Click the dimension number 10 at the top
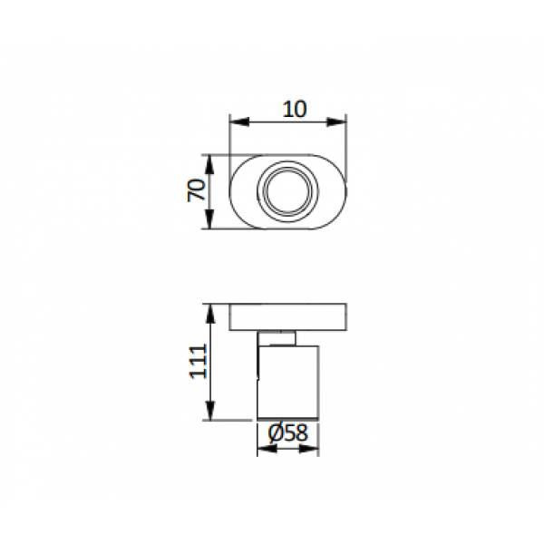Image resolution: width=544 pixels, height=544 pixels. tap(295, 110)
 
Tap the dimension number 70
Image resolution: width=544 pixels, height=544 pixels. tap(197, 190)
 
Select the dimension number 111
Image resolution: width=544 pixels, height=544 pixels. tap(198, 361)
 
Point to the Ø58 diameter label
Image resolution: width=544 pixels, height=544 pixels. tap(288, 433)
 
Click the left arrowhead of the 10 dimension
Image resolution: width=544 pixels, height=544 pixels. tap(239, 121)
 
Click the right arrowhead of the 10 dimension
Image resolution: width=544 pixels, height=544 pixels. tap(336, 121)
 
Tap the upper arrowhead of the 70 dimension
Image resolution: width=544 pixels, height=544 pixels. tap(209, 164)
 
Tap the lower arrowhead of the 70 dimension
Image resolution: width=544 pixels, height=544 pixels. tap(209, 219)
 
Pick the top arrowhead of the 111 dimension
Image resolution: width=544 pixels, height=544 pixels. tap(210, 314)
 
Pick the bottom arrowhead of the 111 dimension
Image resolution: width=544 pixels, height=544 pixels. tap(210, 411)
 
